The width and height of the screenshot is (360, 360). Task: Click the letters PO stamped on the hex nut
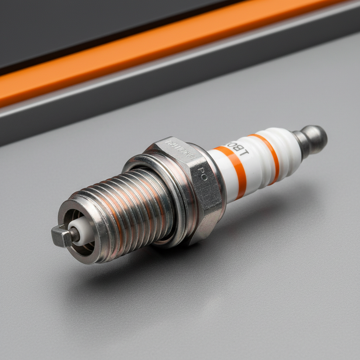(x=203, y=174)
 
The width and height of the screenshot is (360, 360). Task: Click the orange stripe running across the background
(x=141, y=63)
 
